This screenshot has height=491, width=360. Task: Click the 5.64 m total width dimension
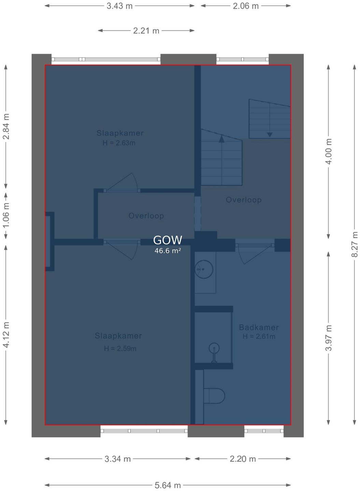[168, 485]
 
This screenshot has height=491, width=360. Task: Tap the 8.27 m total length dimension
[355, 244]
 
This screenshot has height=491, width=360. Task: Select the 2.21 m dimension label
[146, 31]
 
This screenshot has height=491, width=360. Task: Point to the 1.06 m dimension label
[6, 215]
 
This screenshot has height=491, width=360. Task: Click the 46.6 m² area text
[168, 251]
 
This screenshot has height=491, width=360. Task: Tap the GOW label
[168, 240]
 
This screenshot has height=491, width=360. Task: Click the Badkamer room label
[259, 327]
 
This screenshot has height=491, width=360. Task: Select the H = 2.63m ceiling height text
[119, 143]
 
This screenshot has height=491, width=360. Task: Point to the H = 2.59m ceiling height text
[120, 348]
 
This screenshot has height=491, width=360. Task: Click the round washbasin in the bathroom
[204, 269]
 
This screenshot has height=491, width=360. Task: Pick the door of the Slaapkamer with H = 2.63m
[122, 182]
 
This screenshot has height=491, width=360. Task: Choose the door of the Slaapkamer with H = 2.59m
[122, 250]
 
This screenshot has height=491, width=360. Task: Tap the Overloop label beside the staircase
[244, 200]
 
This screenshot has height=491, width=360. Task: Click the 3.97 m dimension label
[328, 338]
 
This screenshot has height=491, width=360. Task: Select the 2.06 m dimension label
[246, 6]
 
